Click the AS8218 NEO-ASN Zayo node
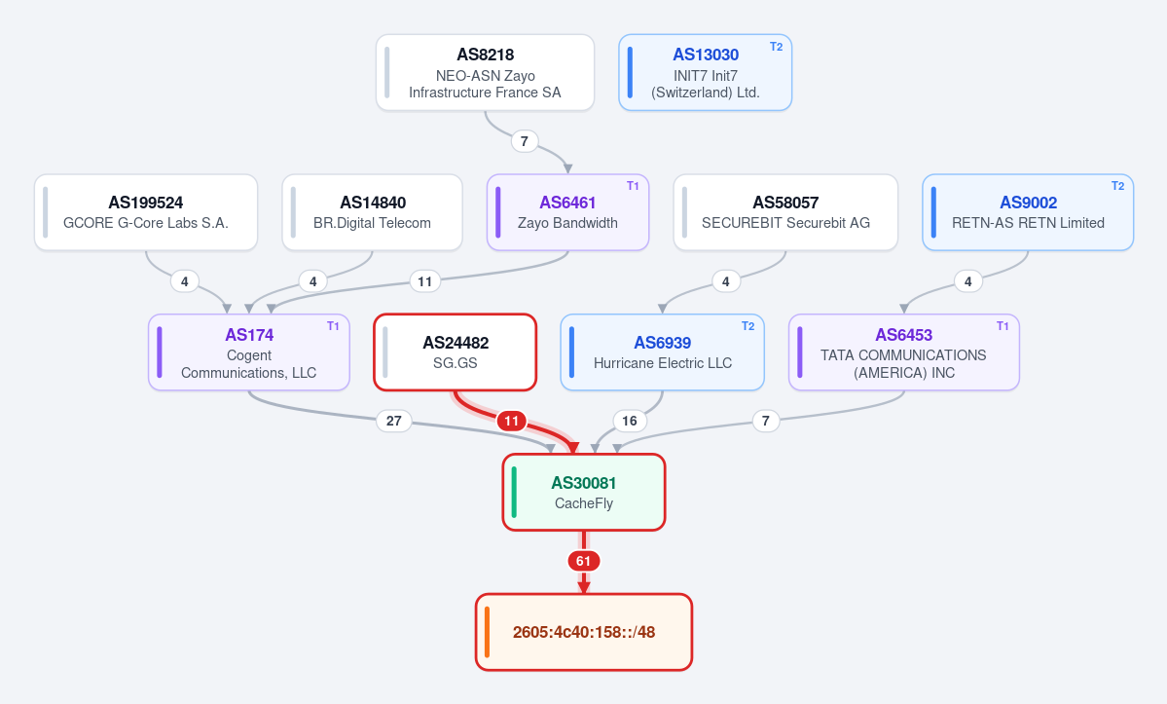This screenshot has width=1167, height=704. pos(486,73)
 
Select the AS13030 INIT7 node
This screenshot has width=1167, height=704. pos(705,73)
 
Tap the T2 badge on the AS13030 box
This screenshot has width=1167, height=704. pos(776,47)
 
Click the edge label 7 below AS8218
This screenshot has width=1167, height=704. pos(525,140)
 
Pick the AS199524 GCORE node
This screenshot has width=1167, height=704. pos(146,213)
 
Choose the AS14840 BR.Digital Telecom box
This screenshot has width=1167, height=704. pos(372,213)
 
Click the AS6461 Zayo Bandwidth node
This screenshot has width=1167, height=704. pos(567,213)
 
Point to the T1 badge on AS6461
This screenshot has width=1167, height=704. pos(633,186)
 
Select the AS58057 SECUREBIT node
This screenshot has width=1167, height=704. pos(785,213)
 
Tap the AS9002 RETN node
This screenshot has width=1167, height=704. pos(1028,213)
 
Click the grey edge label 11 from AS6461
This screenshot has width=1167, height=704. pos(425,281)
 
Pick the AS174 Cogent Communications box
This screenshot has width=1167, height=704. pos(249,352)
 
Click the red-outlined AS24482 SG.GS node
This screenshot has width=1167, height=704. pos(456,352)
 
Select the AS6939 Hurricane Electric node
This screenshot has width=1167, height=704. pos(663,352)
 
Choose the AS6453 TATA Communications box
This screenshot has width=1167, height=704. pos(903,352)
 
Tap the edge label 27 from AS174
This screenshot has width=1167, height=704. pos(394,422)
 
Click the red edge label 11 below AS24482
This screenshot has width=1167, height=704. pos(511,422)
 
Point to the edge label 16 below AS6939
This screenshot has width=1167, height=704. pos(630,422)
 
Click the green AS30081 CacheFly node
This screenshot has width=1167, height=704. pos(584,493)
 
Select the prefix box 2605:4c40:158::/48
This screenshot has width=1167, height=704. pos(584,633)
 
